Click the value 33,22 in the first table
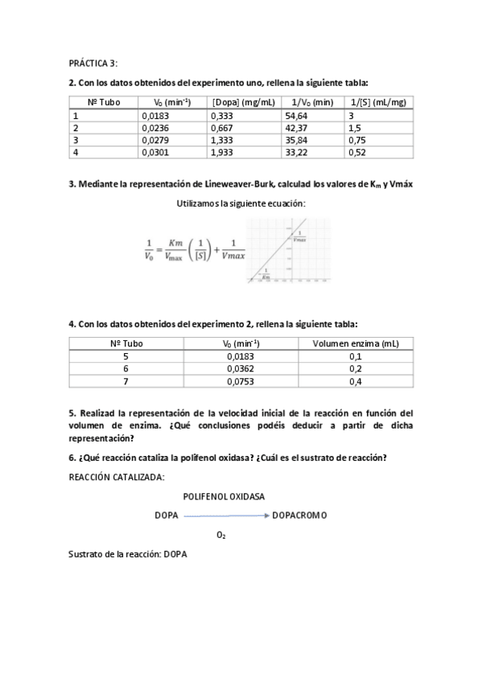(296, 152)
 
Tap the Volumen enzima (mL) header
(356, 343)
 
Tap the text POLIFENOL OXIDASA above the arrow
(224, 496)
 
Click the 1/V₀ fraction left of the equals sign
(148, 251)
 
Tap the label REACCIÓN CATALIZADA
(117, 478)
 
